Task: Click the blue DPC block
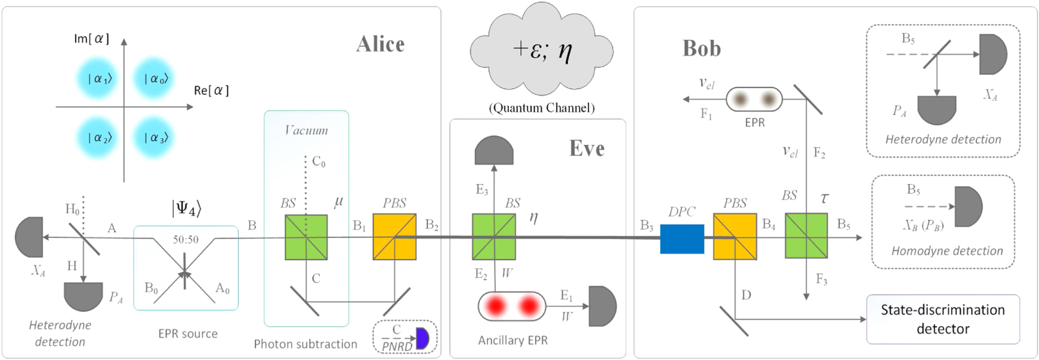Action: [x=681, y=239]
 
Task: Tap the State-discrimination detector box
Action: [x=942, y=319]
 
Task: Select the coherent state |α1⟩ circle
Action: [x=97, y=79]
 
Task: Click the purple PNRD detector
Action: [x=422, y=338]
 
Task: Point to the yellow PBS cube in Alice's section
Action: [x=394, y=237]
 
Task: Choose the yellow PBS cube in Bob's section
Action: [x=735, y=237]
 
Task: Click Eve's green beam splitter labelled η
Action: [x=494, y=237]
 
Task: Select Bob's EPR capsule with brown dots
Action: [x=754, y=100]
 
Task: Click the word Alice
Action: [x=380, y=44]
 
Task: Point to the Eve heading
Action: [x=587, y=149]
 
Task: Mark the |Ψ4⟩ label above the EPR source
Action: [x=186, y=208]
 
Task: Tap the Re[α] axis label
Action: [x=211, y=91]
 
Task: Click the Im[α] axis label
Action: [x=91, y=39]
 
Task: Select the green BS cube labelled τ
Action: [x=806, y=236]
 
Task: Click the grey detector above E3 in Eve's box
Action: [x=494, y=151]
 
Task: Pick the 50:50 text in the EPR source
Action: [x=185, y=240]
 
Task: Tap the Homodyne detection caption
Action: [x=947, y=251]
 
